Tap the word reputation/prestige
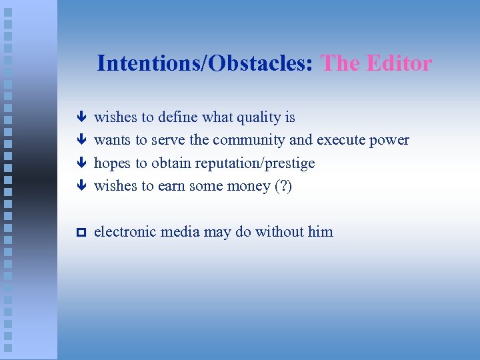pyautogui.click(x=255, y=163)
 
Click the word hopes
pyautogui.click(x=112, y=163)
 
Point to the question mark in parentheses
pyautogui.click(x=283, y=186)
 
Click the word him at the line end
pyautogui.click(x=321, y=232)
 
